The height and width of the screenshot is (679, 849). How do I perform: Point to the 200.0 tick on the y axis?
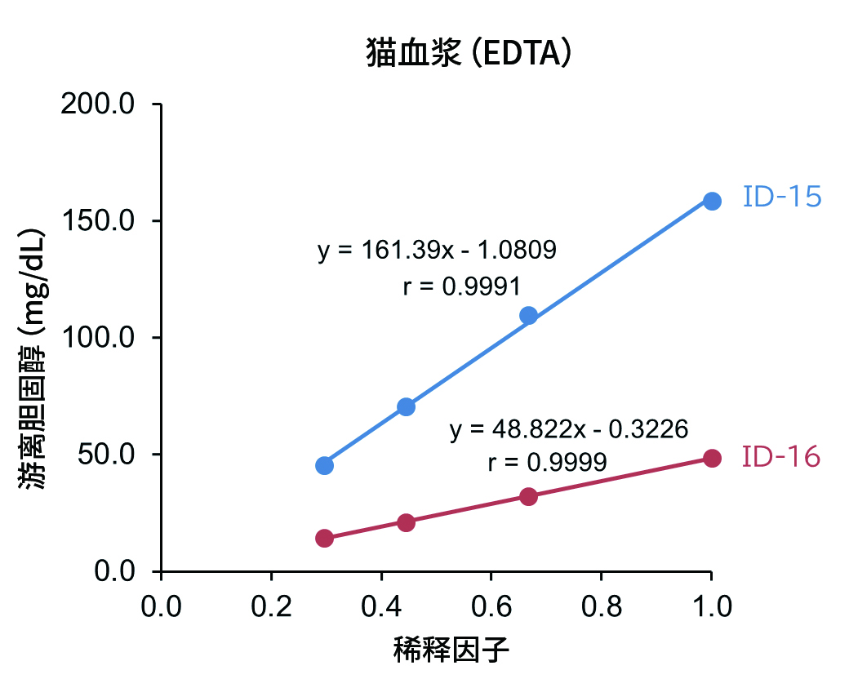coord(98,105)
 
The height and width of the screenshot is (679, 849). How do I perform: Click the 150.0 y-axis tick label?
coord(98,221)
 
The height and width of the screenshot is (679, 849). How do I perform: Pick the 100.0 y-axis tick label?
coord(98,338)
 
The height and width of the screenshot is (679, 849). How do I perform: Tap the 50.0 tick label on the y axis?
coord(106,455)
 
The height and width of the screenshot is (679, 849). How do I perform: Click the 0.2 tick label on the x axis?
coord(271,606)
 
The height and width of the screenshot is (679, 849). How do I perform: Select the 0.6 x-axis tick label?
coord(491,606)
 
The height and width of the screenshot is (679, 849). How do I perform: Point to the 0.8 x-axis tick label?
coord(601,606)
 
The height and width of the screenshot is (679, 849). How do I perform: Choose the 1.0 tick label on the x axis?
coord(710,606)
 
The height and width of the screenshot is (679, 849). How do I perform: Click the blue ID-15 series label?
coord(781,197)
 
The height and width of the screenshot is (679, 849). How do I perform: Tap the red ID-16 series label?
coord(781,458)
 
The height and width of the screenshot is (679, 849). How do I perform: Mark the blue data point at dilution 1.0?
coord(712,201)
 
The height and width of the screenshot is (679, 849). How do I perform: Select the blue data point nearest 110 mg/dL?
coord(528,316)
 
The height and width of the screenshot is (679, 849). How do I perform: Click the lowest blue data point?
coord(324,465)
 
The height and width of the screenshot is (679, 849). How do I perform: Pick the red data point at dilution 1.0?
coord(712,458)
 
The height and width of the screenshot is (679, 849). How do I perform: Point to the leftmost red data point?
coord(324,538)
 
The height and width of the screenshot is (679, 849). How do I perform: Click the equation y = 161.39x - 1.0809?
coord(437,251)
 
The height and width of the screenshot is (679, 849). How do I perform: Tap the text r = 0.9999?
coord(547,463)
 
